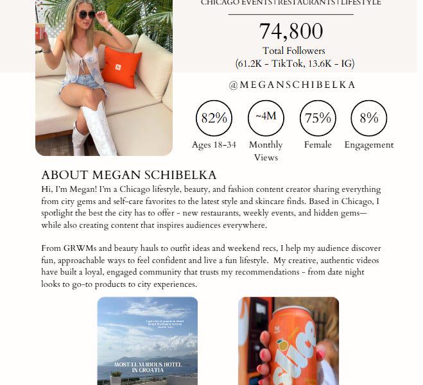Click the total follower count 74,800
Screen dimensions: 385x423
click(x=291, y=31)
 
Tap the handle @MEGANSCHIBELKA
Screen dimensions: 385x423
click(x=291, y=85)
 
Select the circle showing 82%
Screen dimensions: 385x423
click(x=214, y=118)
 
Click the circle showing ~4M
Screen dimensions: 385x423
click(x=266, y=117)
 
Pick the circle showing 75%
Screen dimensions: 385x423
click(x=318, y=118)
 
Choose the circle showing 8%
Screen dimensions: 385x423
click(x=368, y=118)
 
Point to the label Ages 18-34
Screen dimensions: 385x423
click(x=214, y=145)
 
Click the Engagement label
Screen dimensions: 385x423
click(x=368, y=145)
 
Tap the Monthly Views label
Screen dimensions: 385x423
click(x=266, y=151)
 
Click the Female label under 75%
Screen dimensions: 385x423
click(x=318, y=145)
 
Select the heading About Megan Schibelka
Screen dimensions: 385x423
click(x=129, y=175)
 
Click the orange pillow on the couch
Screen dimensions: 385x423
click(x=122, y=67)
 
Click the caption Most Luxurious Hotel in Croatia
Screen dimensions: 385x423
click(x=147, y=366)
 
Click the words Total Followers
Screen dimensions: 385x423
click(x=294, y=51)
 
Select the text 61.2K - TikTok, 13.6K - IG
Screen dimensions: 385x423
click(x=295, y=63)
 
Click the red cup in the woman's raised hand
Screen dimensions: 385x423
click(x=40, y=31)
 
